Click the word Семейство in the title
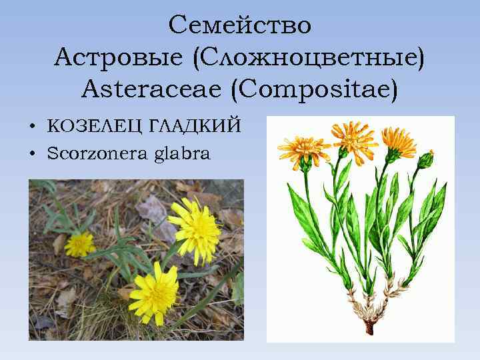(x=239, y=25)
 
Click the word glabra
(x=181, y=155)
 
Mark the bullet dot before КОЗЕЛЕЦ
(x=32, y=127)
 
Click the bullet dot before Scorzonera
(x=32, y=155)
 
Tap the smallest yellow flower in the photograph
(x=80, y=243)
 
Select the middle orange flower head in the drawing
(x=354, y=137)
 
